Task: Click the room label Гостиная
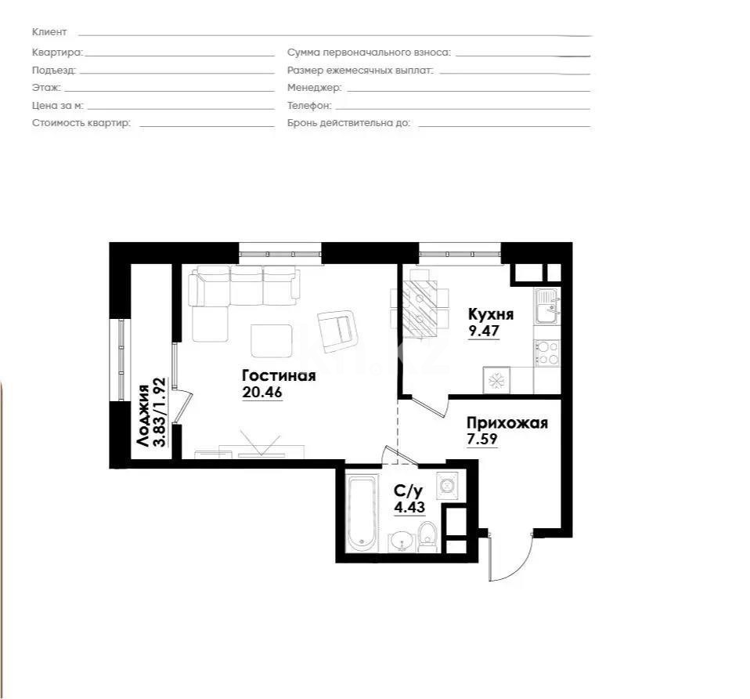pyautogui.click(x=279, y=375)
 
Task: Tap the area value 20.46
pyautogui.click(x=261, y=393)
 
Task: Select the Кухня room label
pyautogui.click(x=490, y=314)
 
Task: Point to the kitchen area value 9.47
pyautogui.click(x=483, y=331)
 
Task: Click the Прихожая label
pyautogui.click(x=507, y=424)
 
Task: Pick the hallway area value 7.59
pyautogui.click(x=482, y=440)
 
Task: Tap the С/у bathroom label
pyautogui.click(x=408, y=491)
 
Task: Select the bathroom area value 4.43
pyautogui.click(x=408, y=506)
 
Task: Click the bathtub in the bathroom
pyautogui.click(x=362, y=512)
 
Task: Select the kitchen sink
pyautogui.click(x=546, y=306)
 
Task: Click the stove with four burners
pyautogui.click(x=546, y=353)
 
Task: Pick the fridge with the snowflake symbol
pyautogui.click(x=496, y=381)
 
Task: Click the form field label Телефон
pyautogui.click(x=309, y=105)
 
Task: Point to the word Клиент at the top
pyautogui.click(x=49, y=32)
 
